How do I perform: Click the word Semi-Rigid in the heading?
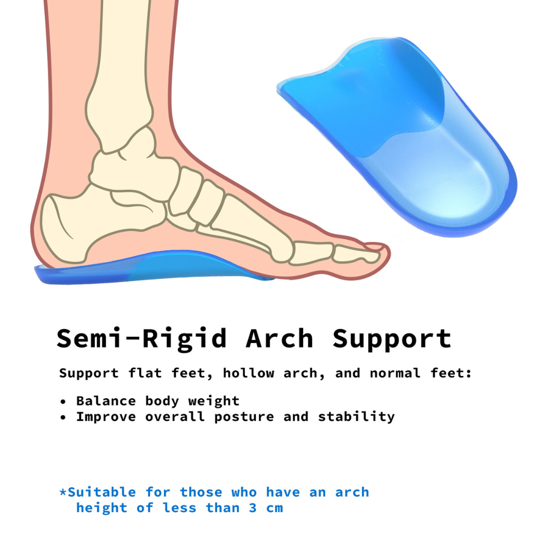(x=141, y=339)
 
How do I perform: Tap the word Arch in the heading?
(x=280, y=339)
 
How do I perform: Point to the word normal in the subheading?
(x=391, y=373)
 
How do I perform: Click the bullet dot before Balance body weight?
(x=63, y=402)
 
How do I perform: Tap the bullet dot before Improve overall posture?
(x=63, y=417)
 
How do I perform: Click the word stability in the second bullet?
(x=356, y=417)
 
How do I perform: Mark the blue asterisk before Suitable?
(x=63, y=492)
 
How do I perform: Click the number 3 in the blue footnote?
(x=253, y=507)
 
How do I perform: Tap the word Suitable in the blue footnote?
(x=102, y=492)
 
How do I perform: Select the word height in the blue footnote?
(x=102, y=507)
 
